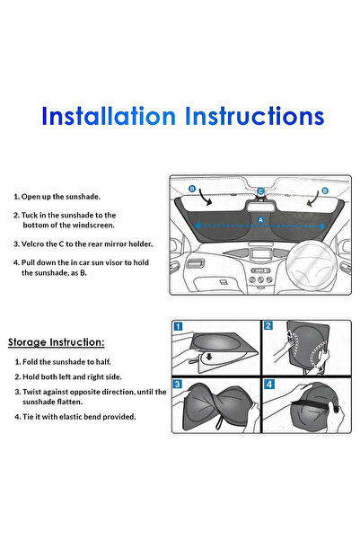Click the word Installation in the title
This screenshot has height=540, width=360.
[109, 116]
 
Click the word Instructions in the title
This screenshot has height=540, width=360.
[255, 116]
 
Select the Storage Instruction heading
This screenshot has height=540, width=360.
[56, 342]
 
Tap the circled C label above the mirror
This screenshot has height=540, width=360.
[260, 191]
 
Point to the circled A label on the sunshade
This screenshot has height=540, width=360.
[260, 220]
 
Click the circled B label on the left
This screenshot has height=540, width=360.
[192, 189]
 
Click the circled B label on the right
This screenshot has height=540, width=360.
[325, 190]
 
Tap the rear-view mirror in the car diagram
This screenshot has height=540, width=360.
[259, 208]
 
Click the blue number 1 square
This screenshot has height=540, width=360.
[178, 326]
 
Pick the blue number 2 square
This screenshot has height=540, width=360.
[268, 325]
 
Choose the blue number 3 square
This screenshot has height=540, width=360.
[178, 384]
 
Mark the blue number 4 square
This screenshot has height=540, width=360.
[268, 384]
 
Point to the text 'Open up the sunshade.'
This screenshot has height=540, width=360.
[60, 197]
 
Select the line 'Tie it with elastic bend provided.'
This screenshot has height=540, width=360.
[79, 417]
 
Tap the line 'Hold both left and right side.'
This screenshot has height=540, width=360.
[72, 377]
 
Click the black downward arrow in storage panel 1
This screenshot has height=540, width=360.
[208, 357]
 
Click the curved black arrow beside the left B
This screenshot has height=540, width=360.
[205, 198]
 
